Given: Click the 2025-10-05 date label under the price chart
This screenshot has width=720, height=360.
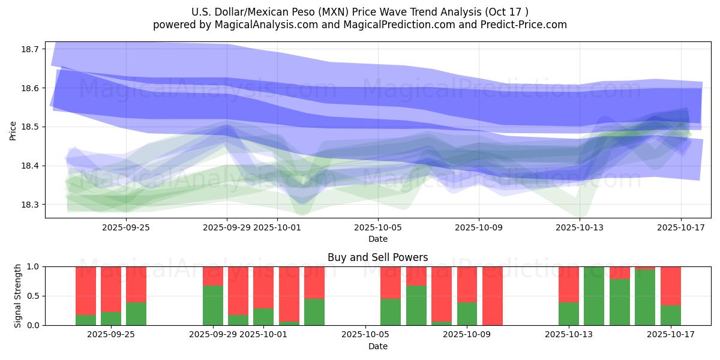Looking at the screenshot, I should tap(378, 227).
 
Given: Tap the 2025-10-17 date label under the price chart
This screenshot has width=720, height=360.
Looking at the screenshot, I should tap(681, 227).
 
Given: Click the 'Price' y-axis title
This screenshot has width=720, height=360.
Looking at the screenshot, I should tap(13, 130).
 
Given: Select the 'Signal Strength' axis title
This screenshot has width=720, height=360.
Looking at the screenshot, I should tap(18, 296).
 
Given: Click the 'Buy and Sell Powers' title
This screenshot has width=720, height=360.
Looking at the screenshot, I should tap(377, 257).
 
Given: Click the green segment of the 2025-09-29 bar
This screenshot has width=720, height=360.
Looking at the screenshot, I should tap(212, 305).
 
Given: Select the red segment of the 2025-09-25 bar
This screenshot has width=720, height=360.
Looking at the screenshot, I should tap(136, 284).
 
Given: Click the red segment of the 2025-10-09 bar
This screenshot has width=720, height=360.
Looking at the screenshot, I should tap(493, 296).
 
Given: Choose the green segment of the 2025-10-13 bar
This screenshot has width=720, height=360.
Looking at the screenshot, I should tap(569, 314).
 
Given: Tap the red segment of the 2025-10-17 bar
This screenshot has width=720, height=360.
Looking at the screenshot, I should tap(671, 286).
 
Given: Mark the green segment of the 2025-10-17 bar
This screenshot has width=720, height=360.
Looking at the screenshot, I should tap(671, 316).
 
